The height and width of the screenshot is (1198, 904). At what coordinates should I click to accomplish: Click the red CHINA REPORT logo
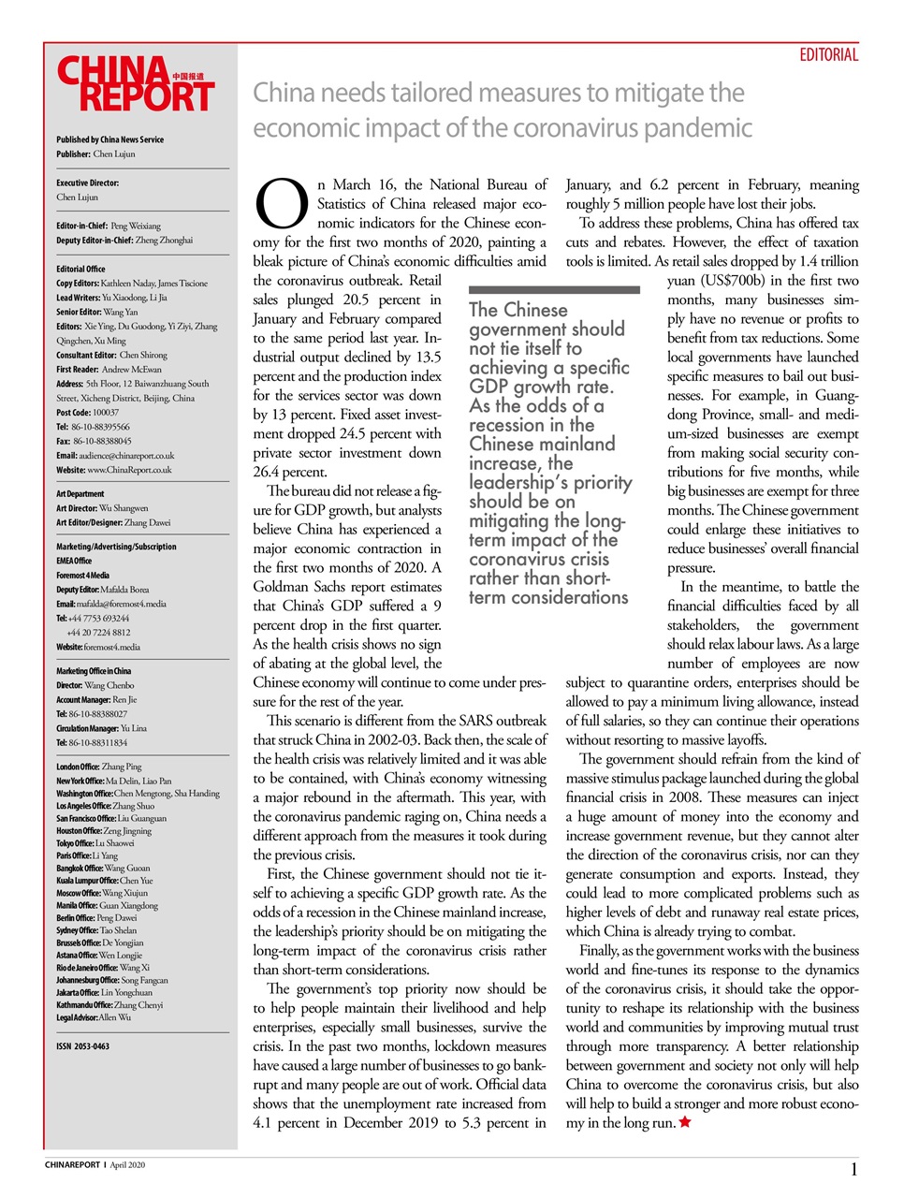tap(136, 84)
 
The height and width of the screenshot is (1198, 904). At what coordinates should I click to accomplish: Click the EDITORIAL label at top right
tap(828, 55)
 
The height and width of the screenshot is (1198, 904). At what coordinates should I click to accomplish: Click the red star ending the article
tap(685, 1122)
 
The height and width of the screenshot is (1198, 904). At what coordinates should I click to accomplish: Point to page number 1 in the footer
tap(853, 1169)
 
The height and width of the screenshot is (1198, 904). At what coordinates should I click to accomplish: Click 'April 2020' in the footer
tap(127, 1165)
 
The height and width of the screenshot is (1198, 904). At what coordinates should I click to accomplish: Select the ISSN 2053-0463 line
tap(82, 1046)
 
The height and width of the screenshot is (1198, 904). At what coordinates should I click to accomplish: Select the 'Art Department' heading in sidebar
tap(80, 493)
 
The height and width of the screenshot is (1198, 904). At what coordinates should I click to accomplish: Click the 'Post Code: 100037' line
tap(87, 412)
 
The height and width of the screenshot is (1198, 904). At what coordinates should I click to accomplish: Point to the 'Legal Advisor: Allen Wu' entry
tap(94, 1017)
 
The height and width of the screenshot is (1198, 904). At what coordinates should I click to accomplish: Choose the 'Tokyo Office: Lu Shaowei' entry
tap(95, 843)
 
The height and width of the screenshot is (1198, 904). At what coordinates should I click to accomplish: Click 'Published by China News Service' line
tap(109, 139)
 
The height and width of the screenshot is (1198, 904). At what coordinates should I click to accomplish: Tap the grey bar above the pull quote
tap(554, 290)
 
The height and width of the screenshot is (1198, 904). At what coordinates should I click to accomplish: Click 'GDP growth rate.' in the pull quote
tap(541, 387)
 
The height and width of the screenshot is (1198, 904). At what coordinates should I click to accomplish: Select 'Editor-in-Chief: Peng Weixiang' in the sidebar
tap(108, 226)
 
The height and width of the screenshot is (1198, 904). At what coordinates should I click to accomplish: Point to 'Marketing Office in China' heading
tap(94, 671)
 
